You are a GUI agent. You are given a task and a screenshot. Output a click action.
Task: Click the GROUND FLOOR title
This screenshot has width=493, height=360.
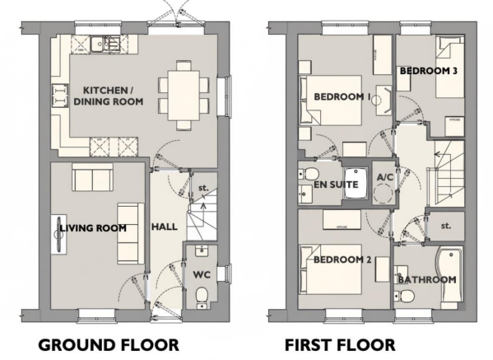click(x=109, y=345)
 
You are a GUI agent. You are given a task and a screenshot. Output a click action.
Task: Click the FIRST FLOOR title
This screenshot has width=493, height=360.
click(x=340, y=345)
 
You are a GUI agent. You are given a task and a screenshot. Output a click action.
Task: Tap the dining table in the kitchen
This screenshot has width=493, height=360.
click(x=184, y=96)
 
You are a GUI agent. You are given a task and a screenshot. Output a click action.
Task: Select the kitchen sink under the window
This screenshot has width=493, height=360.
click(x=105, y=44)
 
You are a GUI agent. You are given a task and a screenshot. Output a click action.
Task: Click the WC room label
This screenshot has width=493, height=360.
click(x=202, y=274)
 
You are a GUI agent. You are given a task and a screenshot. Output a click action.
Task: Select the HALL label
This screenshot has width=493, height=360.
click(x=165, y=227)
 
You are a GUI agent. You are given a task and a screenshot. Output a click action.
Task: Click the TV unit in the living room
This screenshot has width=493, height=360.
click(x=58, y=233)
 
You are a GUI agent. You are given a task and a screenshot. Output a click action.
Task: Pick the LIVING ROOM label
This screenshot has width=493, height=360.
click(x=93, y=228)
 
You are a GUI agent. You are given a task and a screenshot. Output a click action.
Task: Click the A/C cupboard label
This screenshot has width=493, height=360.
click(x=385, y=177)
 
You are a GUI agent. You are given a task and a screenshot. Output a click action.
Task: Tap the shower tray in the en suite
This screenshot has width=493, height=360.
click(x=356, y=184)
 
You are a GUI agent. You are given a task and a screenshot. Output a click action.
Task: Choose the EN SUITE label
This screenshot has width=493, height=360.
click(x=336, y=185)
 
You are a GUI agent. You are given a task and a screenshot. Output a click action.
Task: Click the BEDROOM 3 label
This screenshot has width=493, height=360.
click(x=428, y=71)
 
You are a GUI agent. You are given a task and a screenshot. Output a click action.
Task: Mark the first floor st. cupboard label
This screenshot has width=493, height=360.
click(x=446, y=226)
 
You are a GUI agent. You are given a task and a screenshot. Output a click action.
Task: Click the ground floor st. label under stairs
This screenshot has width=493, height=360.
click(x=203, y=188)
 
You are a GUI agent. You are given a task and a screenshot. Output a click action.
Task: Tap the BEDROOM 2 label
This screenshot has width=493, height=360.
click(x=342, y=259)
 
